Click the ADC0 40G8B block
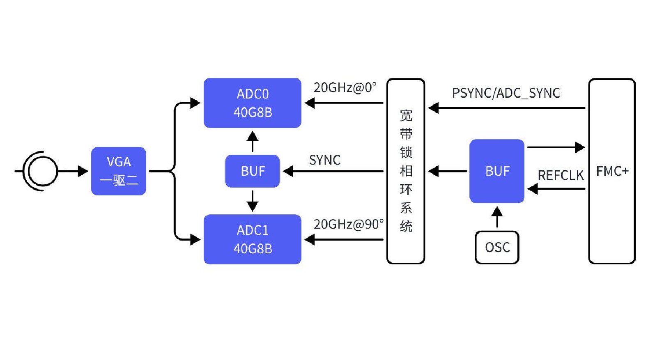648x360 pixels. pos(252,103)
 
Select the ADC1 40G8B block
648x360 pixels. pos(252,239)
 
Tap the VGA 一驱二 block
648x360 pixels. pos(118,171)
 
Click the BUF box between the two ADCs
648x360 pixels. pos(252,171)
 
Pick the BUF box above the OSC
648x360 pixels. pos(496,171)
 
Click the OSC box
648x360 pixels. pos(497,247)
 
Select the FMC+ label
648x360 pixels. pos(612,171)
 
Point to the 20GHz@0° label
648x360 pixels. pos(345,87)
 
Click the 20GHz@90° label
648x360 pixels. pos(348,224)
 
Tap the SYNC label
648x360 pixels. pos(324,160)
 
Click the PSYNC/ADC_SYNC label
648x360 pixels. pos(506,93)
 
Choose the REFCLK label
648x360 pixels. pos(560,176)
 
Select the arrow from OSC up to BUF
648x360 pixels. pos(497,217)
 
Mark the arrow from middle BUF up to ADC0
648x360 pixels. pos(252,141)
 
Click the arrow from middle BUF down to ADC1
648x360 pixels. pos(252,201)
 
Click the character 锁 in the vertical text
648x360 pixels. pos(406,152)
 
